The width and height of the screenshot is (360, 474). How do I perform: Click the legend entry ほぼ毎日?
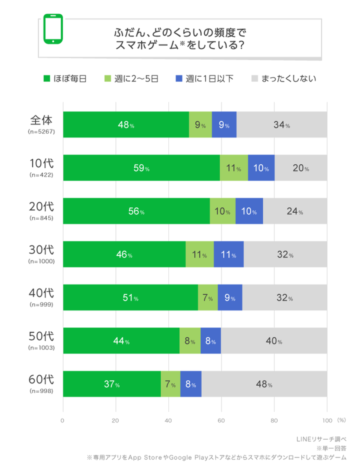(x=65, y=78)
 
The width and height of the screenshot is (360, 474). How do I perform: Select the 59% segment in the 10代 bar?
(x=141, y=168)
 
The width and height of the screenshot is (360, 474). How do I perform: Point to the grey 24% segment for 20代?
(x=294, y=211)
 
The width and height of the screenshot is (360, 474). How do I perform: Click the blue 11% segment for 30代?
(x=228, y=254)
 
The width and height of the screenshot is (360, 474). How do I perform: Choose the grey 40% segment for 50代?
(x=273, y=341)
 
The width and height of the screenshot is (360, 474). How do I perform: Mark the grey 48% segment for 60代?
(x=263, y=384)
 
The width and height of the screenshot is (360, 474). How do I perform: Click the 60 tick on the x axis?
(x=221, y=420)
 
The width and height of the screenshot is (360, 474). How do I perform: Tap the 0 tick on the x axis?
(x=62, y=420)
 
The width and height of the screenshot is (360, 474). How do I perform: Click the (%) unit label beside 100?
(x=341, y=420)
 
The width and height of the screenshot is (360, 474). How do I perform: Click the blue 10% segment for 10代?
(x=261, y=168)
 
